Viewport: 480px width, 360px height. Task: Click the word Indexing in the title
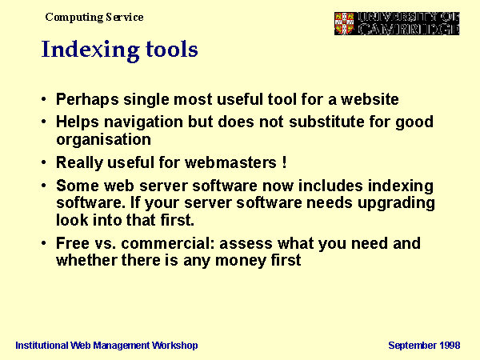[x=90, y=50]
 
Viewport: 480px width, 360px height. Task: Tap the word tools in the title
[x=172, y=49]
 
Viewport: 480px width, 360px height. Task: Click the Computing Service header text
[x=94, y=18]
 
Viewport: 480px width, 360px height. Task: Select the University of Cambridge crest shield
[x=344, y=23]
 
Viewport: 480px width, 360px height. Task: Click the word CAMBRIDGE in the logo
[x=409, y=30]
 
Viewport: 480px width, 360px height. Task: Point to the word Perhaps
[x=87, y=100]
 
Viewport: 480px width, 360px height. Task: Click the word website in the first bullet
[x=370, y=99]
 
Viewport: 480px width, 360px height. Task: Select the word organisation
[x=103, y=140]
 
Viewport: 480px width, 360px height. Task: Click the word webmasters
[x=231, y=162]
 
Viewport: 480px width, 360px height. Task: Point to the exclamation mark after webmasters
[x=284, y=162]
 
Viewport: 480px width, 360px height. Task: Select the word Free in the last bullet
[x=73, y=243]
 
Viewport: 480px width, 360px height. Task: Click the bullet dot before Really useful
[x=44, y=162]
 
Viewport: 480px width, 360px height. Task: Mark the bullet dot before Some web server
[x=44, y=186]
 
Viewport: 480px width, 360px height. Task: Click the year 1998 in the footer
[x=450, y=346]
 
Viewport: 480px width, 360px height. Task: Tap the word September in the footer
[x=413, y=346]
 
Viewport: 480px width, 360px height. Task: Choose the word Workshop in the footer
[x=174, y=346]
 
